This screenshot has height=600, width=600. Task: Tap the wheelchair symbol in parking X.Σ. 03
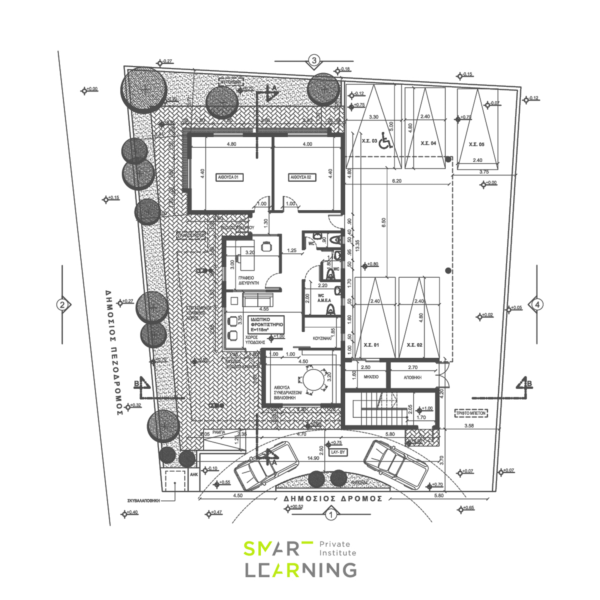point(386,141)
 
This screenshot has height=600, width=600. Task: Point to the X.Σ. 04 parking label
point(428,143)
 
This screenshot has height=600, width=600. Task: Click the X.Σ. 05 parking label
point(476,144)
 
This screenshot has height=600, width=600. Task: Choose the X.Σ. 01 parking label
point(371,345)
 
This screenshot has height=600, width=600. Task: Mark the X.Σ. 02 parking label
point(415,345)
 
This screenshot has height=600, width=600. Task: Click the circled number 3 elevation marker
point(314,60)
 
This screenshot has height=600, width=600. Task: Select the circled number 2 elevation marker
point(62,305)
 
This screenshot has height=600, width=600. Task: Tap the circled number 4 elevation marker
point(538,305)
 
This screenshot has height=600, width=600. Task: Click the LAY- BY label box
point(338,452)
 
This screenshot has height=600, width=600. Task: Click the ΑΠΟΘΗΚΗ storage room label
point(413,378)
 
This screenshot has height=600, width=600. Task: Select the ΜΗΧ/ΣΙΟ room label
point(371,377)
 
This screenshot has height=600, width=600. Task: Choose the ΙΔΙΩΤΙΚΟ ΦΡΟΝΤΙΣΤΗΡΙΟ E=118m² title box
point(267,324)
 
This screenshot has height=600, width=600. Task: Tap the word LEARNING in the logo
point(301,570)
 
